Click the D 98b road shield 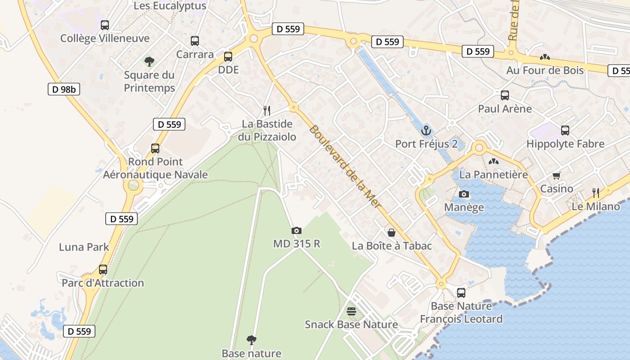[x=63, y=89]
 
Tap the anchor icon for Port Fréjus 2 [x=426, y=131]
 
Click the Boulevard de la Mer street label [x=345, y=166]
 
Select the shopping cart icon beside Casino [x=557, y=176]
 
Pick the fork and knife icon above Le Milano [x=596, y=193]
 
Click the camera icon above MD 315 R [x=296, y=231]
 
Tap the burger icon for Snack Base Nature [x=351, y=311]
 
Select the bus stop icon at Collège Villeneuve [x=105, y=25]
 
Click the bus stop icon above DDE [x=228, y=57]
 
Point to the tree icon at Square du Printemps [x=149, y=61]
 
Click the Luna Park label [x=84, y=247]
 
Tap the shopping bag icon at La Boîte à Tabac [x=391, y=233]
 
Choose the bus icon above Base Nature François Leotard [x=461, y=293]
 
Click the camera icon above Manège [x=464, y=194]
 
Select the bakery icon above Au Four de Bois [x=545, y=57]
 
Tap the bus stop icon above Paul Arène [x=505, y=95]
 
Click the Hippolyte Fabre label [x=565, y=144]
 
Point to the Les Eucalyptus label [x=170, y=6]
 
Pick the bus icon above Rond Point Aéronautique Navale [x=155, y=148]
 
